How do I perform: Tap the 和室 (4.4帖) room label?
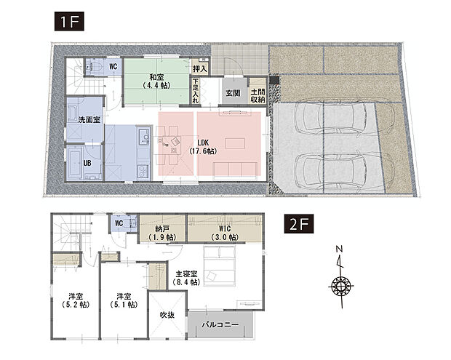coord(156,79)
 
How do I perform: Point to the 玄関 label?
coord(233,92)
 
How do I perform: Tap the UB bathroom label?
coord(87,163)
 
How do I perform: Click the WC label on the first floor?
coord(113,67)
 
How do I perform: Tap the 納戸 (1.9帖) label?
coord(162,233)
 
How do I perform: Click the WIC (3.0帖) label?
coord(223,233)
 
